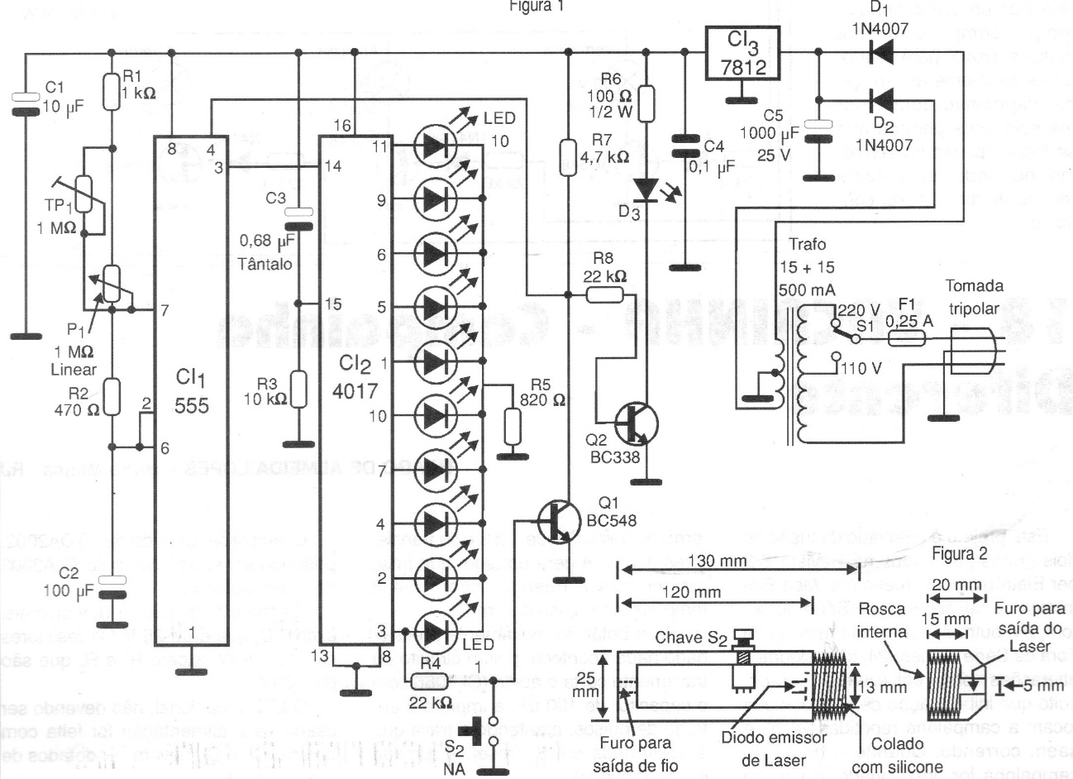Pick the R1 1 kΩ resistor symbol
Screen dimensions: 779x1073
(x=113, y=92)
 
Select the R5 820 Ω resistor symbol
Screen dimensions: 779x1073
(x=513, y=427)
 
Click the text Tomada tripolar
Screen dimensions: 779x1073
(x=974, y=297)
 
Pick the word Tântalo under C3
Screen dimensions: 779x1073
(x=265, y=263)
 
